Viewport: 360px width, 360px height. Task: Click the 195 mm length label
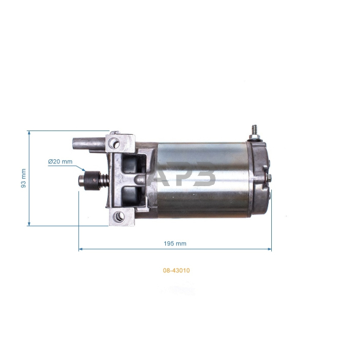tap(175, 244)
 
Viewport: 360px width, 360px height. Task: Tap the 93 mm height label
tap(23, 178)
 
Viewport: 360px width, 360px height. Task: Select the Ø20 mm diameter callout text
tap(60, 162)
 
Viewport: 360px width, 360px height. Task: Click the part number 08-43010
tap(176, 270)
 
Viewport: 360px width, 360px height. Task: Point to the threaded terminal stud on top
tap(254, 130)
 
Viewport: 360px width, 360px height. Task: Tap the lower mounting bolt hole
tap(119, 217)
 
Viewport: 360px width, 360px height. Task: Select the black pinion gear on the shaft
tap(92, 181)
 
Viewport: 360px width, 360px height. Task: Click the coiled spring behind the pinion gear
tap(104, 181)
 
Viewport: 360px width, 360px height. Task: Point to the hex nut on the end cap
tap(268, 178)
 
